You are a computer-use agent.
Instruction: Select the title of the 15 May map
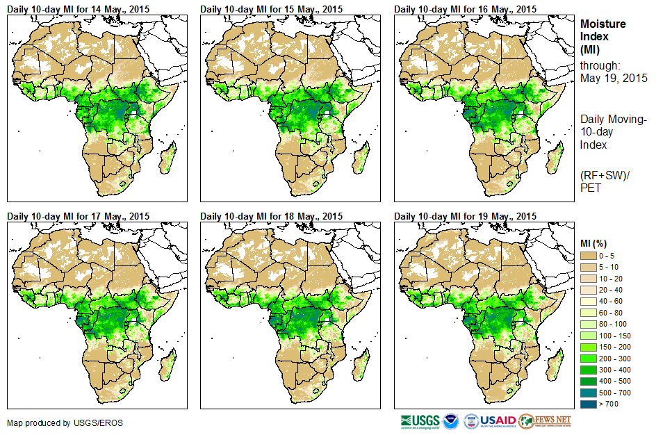271,8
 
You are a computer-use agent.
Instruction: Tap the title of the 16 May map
465,8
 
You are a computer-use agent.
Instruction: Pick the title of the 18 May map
271,215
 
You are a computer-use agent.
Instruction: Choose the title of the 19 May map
465,215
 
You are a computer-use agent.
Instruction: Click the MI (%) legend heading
594,243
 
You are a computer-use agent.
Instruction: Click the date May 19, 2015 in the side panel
614,78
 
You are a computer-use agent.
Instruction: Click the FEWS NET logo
546,420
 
